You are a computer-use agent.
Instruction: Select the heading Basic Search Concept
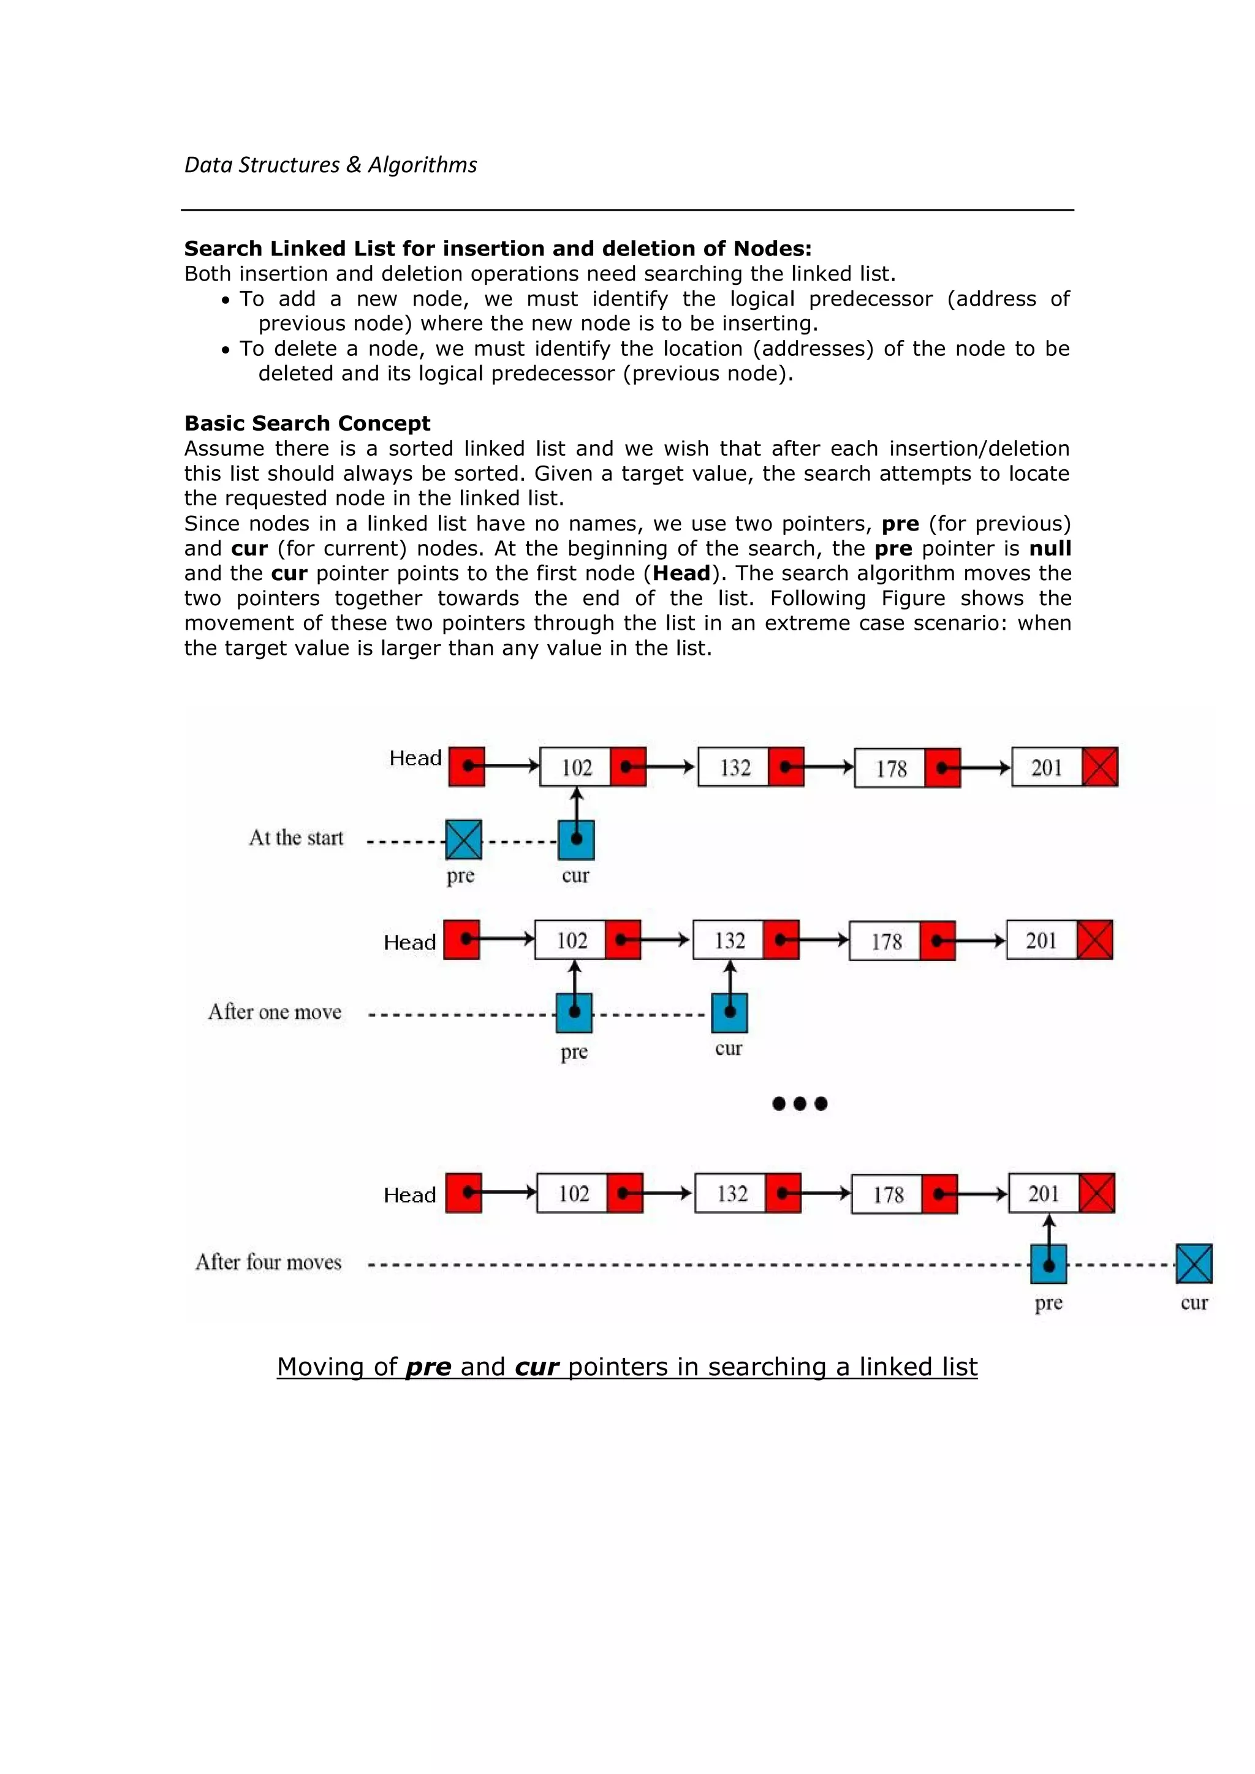(x=307, y=423)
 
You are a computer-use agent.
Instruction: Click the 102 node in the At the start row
(x=576, y=767)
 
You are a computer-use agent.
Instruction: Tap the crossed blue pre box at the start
(x=464, y=840)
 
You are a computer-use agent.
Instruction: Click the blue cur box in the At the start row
(x=576, y=840)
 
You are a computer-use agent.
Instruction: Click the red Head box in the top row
(x=467, y=766)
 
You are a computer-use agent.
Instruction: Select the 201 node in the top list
(x=1047, y=767)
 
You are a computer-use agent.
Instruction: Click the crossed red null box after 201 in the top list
(x=1100, y=766)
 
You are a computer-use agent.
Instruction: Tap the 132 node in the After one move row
(x=729, y=940)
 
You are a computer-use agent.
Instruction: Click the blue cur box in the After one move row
(x=729, y=1013)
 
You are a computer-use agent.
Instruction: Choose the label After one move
(x=275, y=1012)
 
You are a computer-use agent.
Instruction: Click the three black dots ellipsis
(x=800, y=1103)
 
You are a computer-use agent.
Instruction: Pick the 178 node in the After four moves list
(x=887, y=1195)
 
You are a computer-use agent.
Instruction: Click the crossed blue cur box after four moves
(x=1194, y=1263)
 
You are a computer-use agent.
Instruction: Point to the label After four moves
(x=268, y=1263)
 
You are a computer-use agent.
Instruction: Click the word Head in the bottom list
(x=409, y=1195)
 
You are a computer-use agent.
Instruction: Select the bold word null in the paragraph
(x=1050, y=549)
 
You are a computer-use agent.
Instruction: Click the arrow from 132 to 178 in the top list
(x=828, y=767)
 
